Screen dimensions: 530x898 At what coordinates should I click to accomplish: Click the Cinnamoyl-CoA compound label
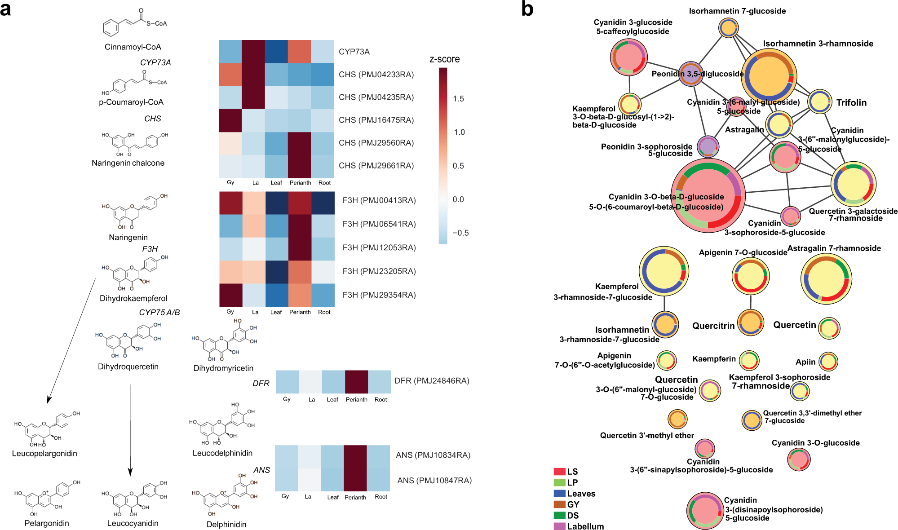[133, 47]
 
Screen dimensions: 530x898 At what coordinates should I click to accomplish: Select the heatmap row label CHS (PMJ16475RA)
[376, 120]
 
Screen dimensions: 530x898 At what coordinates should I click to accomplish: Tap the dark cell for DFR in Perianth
[356, 381]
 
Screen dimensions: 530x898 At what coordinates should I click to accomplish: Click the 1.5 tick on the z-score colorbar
[458, 99]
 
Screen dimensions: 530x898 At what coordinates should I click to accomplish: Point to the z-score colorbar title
[444, 59]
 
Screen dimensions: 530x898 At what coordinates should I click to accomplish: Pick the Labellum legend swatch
[559, 526]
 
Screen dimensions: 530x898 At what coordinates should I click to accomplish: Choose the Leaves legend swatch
[559, 493]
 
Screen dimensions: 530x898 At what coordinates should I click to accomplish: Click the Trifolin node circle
[820, 102]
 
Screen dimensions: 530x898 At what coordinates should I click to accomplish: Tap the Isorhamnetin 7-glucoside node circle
[728, 28]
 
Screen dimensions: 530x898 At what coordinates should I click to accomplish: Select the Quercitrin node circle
[750, 322]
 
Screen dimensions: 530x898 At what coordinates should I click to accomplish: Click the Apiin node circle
[828, 362]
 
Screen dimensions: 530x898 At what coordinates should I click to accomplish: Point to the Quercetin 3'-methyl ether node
[677, 419]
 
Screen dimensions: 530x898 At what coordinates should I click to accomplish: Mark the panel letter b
[527, 9]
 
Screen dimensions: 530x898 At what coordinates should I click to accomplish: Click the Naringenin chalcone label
[128, 163]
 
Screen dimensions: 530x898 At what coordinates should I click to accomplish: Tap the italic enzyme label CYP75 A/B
[159, 312]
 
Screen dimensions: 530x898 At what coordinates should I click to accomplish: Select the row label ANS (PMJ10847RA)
[434, 481]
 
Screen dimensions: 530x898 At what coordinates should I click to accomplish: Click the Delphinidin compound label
[226, 524]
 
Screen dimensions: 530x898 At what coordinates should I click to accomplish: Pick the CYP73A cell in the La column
[253, 52]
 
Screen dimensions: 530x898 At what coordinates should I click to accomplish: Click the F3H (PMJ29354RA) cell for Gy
[230, 295]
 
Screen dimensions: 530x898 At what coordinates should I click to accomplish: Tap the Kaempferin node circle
[749, 360]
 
